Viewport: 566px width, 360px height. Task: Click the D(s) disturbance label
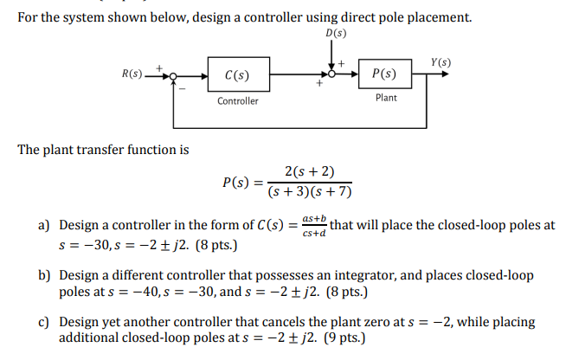pyautogui.click(x=333, y=34)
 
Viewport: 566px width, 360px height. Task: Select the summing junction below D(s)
pyautogui.click(x=333, y=75)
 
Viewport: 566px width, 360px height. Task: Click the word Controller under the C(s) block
pyautogui.click(x=237, y=101)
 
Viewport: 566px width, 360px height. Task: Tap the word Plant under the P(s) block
pyautogui.click(x=386, y=98)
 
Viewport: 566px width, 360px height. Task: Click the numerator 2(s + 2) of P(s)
pyautogui.click(x=309, y=172)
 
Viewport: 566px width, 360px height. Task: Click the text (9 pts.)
pyautogui.click(x=341, y=337)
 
